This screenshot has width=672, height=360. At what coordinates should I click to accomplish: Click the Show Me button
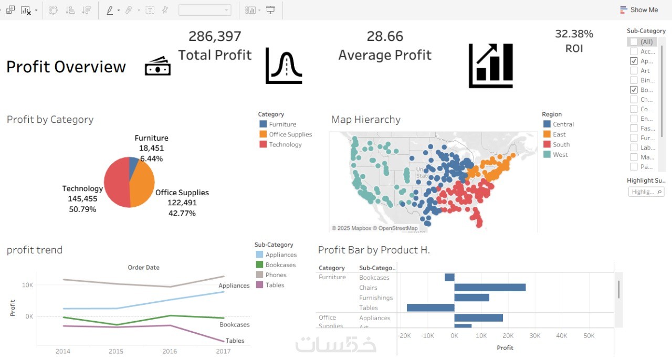pos(638,10)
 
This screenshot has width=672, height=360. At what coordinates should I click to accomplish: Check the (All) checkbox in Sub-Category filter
pos(634,41)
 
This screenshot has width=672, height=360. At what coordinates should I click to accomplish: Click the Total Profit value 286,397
pos(215,36)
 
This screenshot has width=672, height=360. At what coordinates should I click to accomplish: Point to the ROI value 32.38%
pos(574,34)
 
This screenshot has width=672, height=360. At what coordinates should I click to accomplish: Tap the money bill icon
pos(157,67)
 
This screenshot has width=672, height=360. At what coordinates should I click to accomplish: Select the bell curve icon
pos(283,66)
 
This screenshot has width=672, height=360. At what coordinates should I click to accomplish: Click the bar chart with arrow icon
pos(490,66)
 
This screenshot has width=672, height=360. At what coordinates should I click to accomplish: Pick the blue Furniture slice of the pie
pos(134,164)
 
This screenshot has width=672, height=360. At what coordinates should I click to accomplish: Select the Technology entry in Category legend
pos(285,144)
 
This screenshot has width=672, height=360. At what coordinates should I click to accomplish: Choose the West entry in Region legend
pos(560,155)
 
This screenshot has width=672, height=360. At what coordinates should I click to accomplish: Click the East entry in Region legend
pos(559,134)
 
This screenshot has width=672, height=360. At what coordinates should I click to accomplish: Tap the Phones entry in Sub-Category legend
pos(276,275)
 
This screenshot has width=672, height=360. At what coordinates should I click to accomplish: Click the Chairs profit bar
pos(490,288)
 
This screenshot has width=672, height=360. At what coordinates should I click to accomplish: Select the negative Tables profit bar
pos(430,308)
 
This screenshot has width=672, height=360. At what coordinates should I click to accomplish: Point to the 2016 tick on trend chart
pos(170,351)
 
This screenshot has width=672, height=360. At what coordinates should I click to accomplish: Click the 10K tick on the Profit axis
pos(27,285)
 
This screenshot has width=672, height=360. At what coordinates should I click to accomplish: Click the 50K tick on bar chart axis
pos(589,336)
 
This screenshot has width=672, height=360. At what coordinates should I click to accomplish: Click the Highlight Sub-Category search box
pos(646,192)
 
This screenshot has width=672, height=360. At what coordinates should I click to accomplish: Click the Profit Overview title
pos(66,67)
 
